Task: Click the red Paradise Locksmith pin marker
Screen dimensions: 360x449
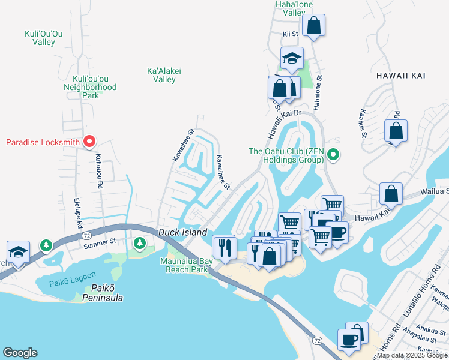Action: pos(89,142)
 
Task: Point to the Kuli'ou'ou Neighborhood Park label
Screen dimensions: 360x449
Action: pos(90,87)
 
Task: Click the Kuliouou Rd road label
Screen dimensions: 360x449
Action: pos(98,171)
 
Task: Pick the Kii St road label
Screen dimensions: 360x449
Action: pos(290,34)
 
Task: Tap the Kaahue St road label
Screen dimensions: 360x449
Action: pos(363,124)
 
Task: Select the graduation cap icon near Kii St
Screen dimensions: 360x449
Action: pos(291,59)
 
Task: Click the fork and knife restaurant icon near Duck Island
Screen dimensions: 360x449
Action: pos(224,247)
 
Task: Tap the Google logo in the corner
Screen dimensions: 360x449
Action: pos(20,353)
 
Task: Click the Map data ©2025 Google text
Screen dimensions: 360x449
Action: pos(412,355)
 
